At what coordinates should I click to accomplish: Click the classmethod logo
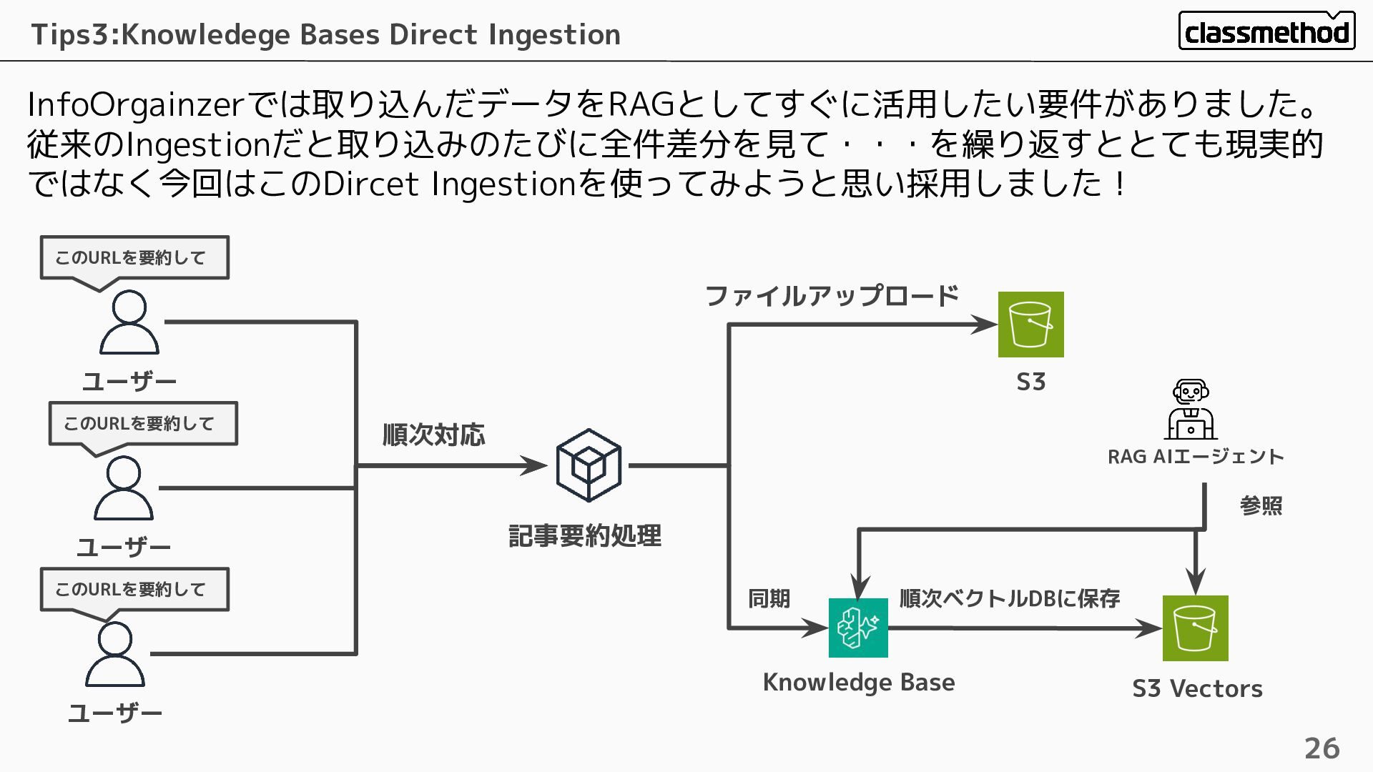click(x=1266, y=31)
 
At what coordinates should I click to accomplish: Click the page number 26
click(x=1322, y=748)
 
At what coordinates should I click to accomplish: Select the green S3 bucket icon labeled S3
click(x=1030, y=325)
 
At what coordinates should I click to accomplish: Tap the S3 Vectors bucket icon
click(x=1195, y=628)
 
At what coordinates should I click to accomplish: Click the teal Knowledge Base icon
click(x=858, y=628)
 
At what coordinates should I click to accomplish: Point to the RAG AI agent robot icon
click(x=1191, y=410)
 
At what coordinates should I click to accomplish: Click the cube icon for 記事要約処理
click(x=589, y=465)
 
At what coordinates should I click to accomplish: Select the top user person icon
click(x=129, y=322)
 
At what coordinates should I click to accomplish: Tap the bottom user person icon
click(x=115, y=654)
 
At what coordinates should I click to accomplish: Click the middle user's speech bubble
click(x=143, y=424)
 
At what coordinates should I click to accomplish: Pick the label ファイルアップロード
click(x=832, y=296)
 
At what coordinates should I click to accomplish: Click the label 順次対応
click(x=433, y=435)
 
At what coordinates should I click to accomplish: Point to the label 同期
click(x=769, y=598)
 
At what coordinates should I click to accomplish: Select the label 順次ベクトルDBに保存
click(x=1009, y=598)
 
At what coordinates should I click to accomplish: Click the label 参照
click(x=1261, y=505)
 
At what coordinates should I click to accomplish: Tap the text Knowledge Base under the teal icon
click(x=858, y=683)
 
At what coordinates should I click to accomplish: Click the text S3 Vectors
click(x=1197, y=689)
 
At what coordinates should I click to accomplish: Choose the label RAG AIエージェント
click(x=1196, y=457)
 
